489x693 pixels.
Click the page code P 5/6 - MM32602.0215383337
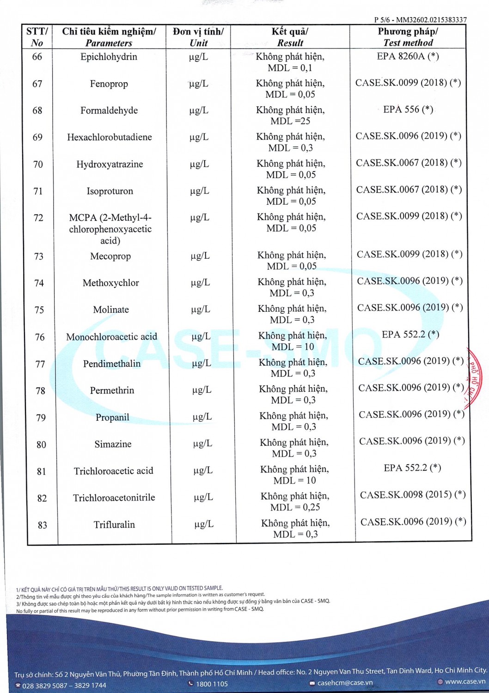[420, 20]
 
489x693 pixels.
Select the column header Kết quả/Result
[290, 37]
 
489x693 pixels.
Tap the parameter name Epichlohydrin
[109, 57]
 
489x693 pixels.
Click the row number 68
[37, 110]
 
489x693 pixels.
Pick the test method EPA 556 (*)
[408, 109]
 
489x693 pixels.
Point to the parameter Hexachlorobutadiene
[110, 137]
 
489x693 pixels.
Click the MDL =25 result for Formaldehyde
[290, 121]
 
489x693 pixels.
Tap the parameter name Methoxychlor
[111, 283]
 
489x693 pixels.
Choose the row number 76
[40, 337]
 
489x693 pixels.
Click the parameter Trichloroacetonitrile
[114, 498]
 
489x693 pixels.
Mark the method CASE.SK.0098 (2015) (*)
[413, 495]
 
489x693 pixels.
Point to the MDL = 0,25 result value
[295, 507]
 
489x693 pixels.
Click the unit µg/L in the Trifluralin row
[204, 524]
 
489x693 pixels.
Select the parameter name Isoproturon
[110, 191]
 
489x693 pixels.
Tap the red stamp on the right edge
[475, 379]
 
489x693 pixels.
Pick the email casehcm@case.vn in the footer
[344, 682]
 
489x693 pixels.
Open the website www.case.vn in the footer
[465, 681]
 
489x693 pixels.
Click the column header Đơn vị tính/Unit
[198, 37]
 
